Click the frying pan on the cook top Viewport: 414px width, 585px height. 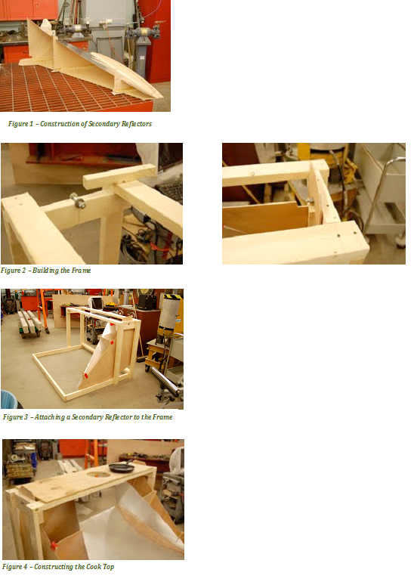point(120,467)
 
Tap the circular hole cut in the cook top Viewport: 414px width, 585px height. point(99,474)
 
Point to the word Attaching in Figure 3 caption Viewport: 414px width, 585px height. point(49,417)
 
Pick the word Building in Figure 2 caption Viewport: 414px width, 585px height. point(45,271)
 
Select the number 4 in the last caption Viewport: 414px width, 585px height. point(26,567)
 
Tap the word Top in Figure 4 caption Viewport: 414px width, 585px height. point(108,567)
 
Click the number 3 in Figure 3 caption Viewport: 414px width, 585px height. point(26,417)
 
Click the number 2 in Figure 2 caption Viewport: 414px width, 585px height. point(24,271)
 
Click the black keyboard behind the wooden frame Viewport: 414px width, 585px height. point(171,190)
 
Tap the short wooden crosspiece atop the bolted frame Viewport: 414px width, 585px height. point(119,176)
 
